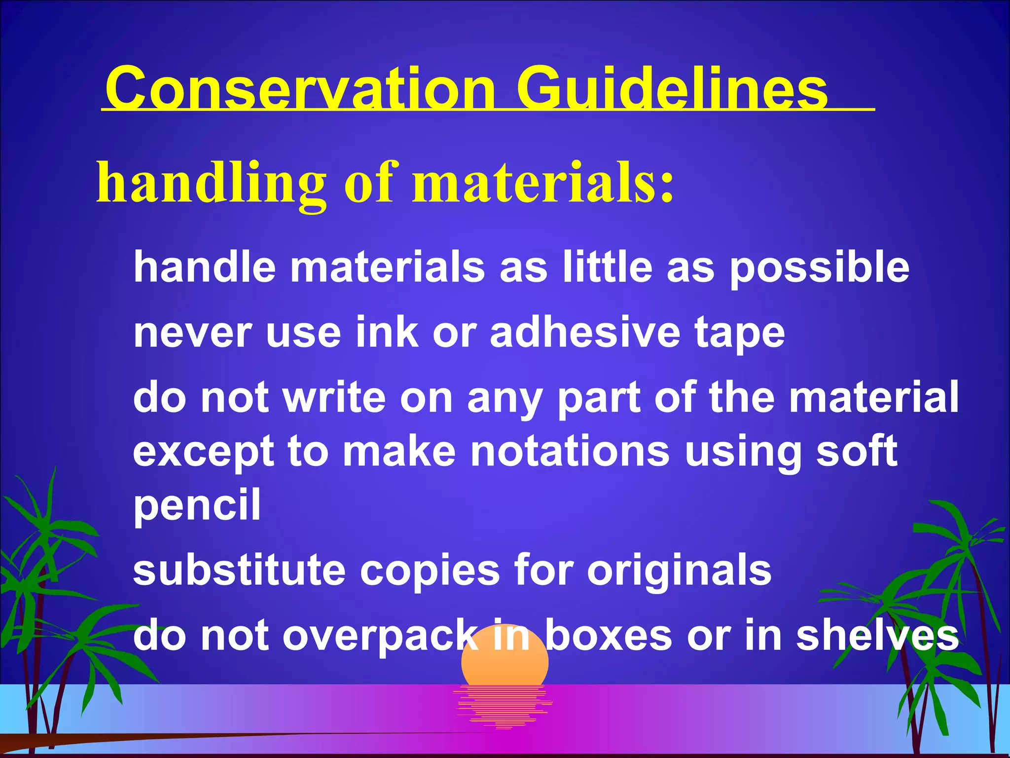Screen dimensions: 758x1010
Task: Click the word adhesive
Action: tap(585, 332)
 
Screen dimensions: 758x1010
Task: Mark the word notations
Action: tap(570, 452)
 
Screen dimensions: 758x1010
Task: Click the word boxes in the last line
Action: tap(609, 636)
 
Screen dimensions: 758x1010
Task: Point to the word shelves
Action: tap(877, 636)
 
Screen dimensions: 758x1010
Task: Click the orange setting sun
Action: tap(505, 664)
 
